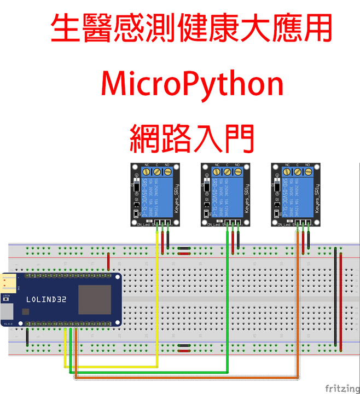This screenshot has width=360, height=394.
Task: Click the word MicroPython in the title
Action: tap(193, 85)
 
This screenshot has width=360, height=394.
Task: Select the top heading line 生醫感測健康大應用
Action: tap(191, 30)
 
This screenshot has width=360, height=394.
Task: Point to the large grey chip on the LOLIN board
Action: tap(94, 299)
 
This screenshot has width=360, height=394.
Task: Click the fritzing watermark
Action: tap(342, 388)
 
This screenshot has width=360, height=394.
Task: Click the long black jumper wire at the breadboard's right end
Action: tap(335, 296)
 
